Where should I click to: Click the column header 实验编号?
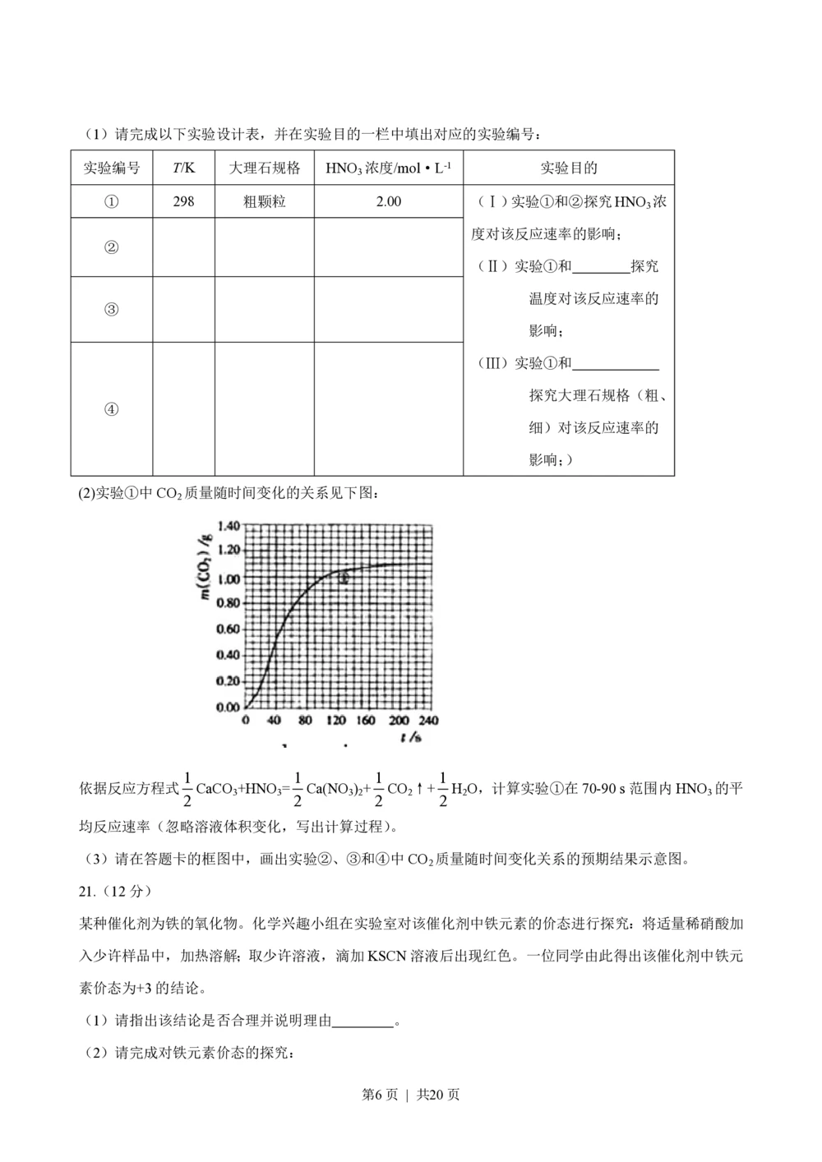[x=112, y=168]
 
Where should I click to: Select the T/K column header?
[x=183, y=168]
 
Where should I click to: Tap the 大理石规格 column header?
[x=264, y=168]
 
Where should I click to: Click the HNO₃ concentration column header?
[x=388, y=168]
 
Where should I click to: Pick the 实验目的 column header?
[x=568, y=168]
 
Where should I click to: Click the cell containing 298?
[x=183, y=201]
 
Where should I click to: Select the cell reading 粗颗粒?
[x=264, y=201]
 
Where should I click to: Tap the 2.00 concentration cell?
[x=388, y=201]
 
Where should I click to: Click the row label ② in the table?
[x=112, y=247]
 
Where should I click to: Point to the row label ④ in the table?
[x=112, y=409]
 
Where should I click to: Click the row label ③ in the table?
[x=112, y=310]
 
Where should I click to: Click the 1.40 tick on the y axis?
[x=228, y=526]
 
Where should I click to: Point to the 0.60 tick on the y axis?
[x=228, y=629]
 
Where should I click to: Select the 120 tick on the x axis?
[x=336, y=721]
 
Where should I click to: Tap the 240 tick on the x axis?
[x=428, y=721]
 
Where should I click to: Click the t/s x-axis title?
[x=411, y=737]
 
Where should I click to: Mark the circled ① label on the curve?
[x=344, y=579]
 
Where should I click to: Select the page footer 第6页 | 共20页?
[x=411, y=1095]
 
